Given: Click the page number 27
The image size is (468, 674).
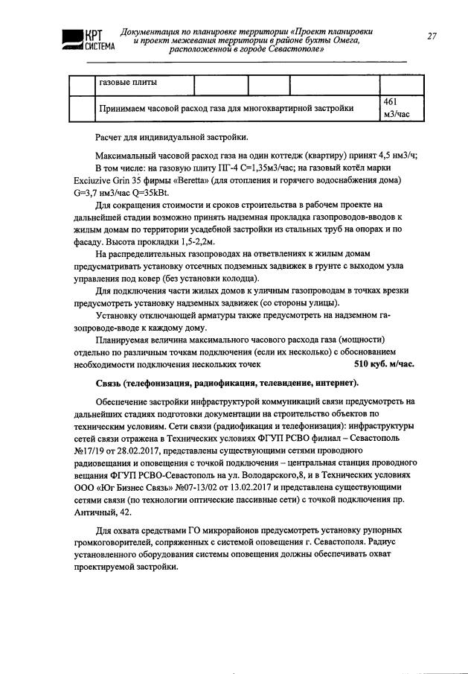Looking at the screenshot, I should click(432, 35).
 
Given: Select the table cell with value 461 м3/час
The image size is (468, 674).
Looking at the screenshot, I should click(394, 108).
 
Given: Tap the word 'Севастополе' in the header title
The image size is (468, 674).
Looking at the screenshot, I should click(289, 57).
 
